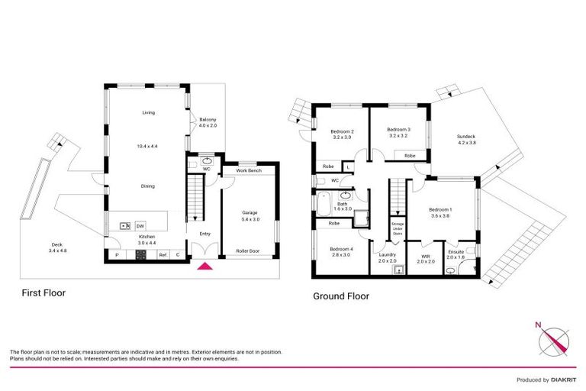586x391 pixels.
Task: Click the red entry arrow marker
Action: coord(204,266)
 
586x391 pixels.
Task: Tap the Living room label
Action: coord(148,113)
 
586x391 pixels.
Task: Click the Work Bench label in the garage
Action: coord(248,170)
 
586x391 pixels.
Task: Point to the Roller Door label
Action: coord(248,251)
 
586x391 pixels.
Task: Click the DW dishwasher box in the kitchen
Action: coord(140,226)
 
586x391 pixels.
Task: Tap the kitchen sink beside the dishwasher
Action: coord(124,226)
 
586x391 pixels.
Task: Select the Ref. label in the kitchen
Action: coord(163,255)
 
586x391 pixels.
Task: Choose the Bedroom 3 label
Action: coord(398,133)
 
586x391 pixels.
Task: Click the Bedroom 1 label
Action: coord(440,213)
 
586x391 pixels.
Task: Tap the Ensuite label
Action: coord(456,254)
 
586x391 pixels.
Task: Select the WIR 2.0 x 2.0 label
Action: coord(426,258)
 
